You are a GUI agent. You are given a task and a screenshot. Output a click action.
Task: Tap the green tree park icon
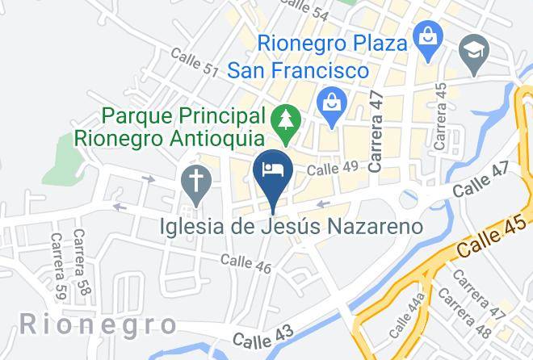coord(286,120)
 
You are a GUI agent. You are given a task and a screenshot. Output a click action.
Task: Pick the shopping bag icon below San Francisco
coord(331,104)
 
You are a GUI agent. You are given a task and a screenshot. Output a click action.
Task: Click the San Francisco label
coord(298,71)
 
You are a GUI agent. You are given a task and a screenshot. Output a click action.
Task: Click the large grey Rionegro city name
coord(98,325)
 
